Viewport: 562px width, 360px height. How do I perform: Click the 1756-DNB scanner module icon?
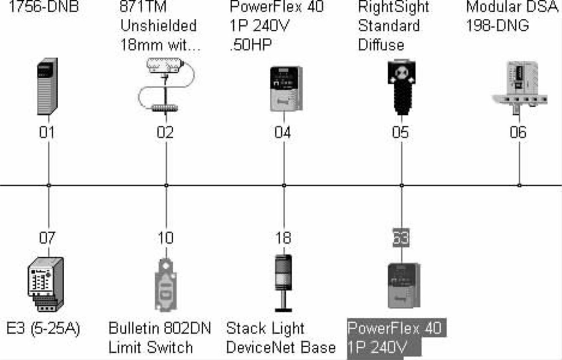[47, 87]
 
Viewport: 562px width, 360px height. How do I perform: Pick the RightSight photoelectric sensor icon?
[401, 87]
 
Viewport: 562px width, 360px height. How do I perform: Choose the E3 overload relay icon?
[45, 284]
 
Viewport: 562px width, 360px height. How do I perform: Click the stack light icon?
[284, 283]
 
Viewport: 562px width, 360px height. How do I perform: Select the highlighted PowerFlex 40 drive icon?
[403, 285]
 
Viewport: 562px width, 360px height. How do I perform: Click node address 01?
[47, 132]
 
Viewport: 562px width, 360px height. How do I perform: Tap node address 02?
[165, 132]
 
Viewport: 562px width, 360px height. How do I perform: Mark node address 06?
[518, 132]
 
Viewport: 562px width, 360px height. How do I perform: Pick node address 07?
[47, 238]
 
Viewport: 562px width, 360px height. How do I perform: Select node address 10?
[166, 238]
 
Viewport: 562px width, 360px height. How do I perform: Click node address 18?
[283, 238]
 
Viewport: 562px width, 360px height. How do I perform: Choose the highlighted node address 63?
[401, 238]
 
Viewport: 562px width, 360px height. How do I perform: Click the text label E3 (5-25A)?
[43, 328]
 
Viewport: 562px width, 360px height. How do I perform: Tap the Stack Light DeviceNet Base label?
[281, 338]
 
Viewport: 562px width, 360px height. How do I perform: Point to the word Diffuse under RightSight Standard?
[381, 45]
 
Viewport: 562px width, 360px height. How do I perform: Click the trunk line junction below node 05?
[402, 186]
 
